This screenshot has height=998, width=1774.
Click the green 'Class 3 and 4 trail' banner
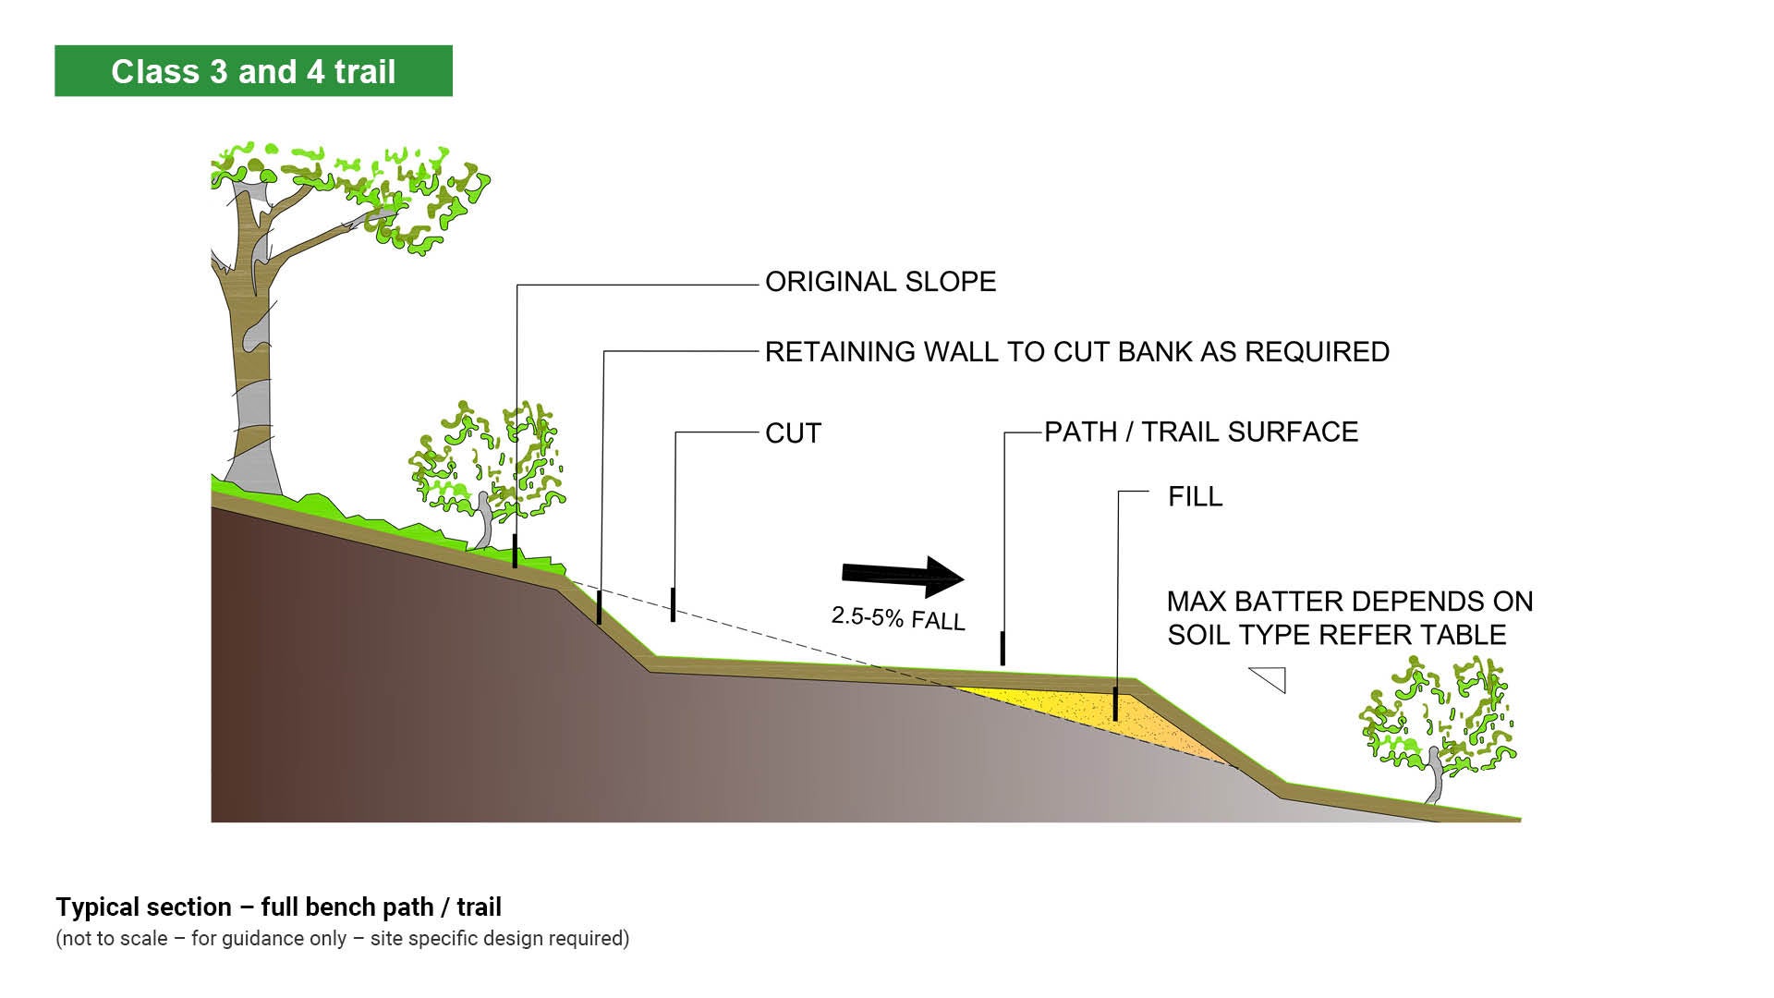(253, 71)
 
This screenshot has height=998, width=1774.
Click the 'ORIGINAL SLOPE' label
(880, 282)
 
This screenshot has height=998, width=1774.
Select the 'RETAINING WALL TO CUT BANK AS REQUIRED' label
(1076, 352)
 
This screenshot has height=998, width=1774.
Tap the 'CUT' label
(793, 433)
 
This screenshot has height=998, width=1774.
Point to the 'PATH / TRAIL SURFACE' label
(1200, 432)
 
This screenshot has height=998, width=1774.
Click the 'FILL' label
(1195, 497)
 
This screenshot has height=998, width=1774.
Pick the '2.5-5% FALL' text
(898, 618)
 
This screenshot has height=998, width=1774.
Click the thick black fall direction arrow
(903, 577)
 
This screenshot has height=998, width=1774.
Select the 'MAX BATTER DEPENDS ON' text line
(1349, 602)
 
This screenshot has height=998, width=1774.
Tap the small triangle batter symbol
(1271, 678)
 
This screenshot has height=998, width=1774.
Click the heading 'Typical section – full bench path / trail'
(278, 907)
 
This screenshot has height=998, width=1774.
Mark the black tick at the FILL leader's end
(1115, 704)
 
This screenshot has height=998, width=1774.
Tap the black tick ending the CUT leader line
(673, 604)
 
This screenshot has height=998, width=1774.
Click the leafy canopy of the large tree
(370, 194)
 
